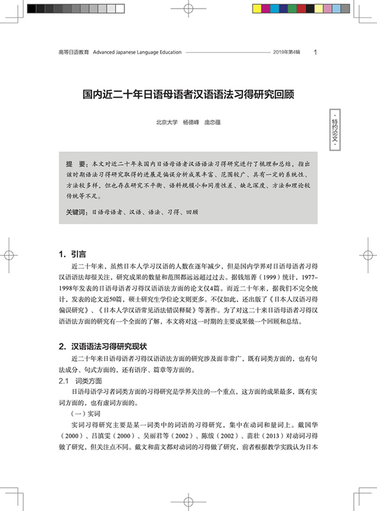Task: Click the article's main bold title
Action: tap(188, 93)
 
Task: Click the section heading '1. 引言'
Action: tap(72, 253)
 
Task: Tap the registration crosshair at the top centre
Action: tap(188, 9)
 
